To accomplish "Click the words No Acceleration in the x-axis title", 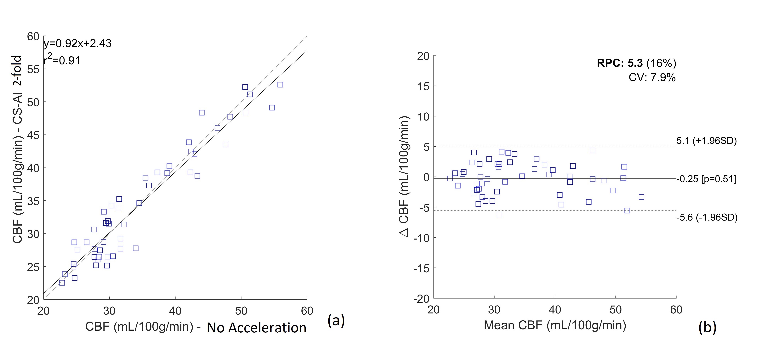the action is [x=256, y=328].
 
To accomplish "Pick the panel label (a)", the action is [x=336, y=320].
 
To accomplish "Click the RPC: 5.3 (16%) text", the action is [x=636, y=63].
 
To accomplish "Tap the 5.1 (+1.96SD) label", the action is [x=706, y=141].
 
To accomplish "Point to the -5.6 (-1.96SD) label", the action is [x=707, y=217].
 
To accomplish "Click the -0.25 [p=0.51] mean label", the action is [x=706, y=179].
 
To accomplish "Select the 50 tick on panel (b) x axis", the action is [x=616, y=310].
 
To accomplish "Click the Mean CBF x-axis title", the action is [x=555, y=325].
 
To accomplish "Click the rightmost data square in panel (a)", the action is [x=280, y=85].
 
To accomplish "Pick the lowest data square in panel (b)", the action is [x=499, y=214].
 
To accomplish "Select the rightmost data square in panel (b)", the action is [x=641, y=197].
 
